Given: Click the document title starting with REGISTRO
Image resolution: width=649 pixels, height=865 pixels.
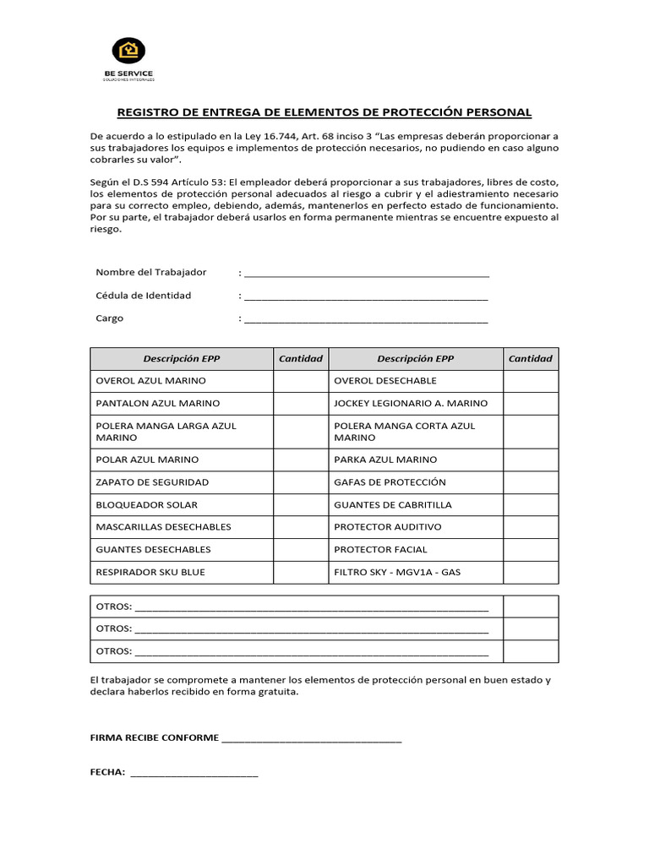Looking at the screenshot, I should coord(324,112).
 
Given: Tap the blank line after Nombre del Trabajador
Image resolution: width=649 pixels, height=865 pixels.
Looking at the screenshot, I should coord(366,275).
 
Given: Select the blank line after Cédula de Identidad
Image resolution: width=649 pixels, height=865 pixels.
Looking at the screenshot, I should coord(366,297).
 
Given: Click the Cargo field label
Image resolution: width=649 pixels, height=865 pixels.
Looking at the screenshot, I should coord(110,318).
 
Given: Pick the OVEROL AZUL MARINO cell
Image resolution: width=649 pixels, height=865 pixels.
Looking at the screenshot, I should coord(151,381).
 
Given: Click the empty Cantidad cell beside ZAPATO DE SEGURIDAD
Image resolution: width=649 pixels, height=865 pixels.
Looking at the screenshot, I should coord(300,482).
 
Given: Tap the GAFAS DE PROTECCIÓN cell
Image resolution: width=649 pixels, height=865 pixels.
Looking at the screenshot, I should coord(390,482).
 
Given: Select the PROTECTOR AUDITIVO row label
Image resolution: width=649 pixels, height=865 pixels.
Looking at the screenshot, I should coord(388,527).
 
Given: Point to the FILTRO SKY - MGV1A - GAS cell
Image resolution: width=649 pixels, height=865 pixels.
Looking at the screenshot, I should coord(397,573).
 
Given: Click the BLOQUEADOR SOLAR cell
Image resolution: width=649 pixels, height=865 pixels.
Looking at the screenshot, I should coord(147,505).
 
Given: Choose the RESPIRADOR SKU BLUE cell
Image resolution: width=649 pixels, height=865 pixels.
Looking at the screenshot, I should coord(150,573).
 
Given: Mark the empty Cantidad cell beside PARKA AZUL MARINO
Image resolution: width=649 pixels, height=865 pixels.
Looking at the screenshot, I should coord(531,460).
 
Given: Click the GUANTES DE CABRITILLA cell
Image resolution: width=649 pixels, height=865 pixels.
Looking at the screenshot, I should coord(393,505).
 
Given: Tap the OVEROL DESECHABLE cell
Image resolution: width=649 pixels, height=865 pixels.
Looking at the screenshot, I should coord(385,381).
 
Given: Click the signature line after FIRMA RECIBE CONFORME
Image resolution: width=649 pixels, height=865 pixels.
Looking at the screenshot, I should coord(311,740).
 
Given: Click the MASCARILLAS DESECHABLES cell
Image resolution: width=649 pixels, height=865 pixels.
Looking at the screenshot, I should coord(164,527).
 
